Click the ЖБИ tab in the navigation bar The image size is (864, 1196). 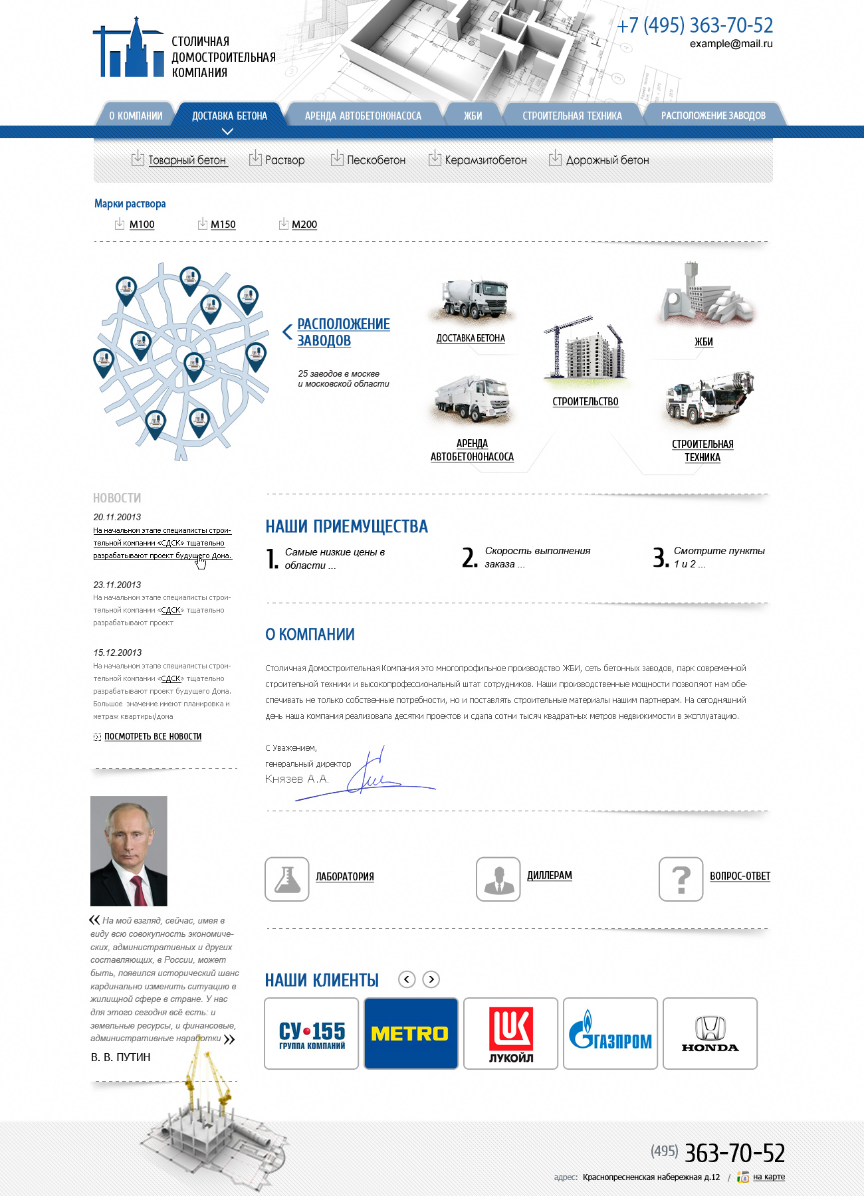click(x=473, y=116)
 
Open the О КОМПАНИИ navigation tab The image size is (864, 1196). click(x=136, y=116)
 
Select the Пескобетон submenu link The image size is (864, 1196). click(x=376, y=160)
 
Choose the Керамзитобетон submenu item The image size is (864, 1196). click(x=485, y=160)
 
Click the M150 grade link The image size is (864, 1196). click(x=223, y=225)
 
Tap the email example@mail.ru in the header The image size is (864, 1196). click(x=730, y=44)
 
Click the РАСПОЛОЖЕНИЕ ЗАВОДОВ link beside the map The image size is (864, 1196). click(x=343, y=332)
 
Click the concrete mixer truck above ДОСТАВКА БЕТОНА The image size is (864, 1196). click(x=473, y=299)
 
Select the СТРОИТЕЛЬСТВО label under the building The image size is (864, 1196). click(x=585, y=402)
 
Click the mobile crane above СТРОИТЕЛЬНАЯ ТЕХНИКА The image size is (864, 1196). click(x=708, y=399)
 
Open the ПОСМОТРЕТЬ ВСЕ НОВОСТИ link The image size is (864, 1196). click(x=152, y=736)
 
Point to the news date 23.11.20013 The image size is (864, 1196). click(x=117, y=585)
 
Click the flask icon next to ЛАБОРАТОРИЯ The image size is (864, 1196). click(x=287, y=878)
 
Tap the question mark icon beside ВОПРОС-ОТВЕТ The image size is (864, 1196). click(x=681, y=878)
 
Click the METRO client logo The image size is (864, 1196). click(x=411, y=1033)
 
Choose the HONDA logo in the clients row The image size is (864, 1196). click(x=710, y=1033)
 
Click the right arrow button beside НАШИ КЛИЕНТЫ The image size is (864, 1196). click(x=431, y=979)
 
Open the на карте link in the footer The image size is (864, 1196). click(x=768, y=1177)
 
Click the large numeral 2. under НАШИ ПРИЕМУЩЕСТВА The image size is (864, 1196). click(x=469, y=557)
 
